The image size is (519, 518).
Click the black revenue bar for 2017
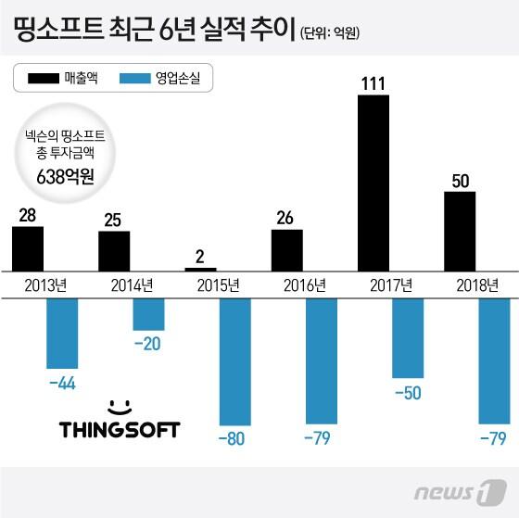click(373, 183)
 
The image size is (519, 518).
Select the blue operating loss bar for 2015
click(234, 363)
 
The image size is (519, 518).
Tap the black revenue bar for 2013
click(28, 248)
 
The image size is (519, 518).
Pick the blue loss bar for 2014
click(148, 315)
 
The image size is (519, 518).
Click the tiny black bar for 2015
click(201, 269)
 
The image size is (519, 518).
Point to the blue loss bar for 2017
click(408, 338)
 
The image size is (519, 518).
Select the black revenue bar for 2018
click(460, 231)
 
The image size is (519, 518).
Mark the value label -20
click(148, 345)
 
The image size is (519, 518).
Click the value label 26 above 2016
click(286, 218)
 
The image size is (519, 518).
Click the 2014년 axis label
click(130, 284)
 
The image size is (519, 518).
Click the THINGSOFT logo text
click(119, 429)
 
